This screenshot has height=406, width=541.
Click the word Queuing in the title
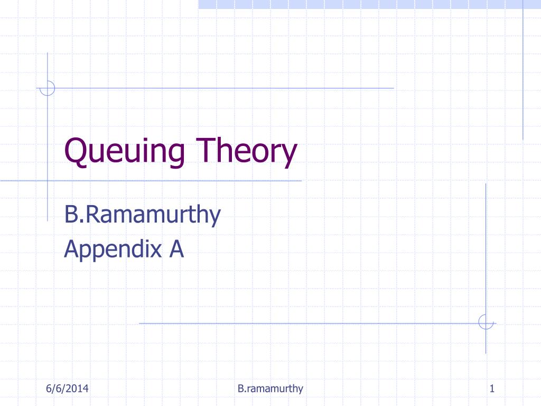(x=125, y=151)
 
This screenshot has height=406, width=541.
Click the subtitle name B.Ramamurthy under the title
(x=142, y=216)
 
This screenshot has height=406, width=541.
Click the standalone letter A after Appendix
(x=176, y=248)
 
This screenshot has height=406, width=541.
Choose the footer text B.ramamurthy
(x=270, y=389)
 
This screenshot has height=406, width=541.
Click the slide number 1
(x=492, y=389)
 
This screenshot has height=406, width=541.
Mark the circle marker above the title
(x=48, y=88)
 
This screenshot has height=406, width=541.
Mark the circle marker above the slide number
(x=486, y=321)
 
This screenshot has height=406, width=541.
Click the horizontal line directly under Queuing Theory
(x=158, y=181)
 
